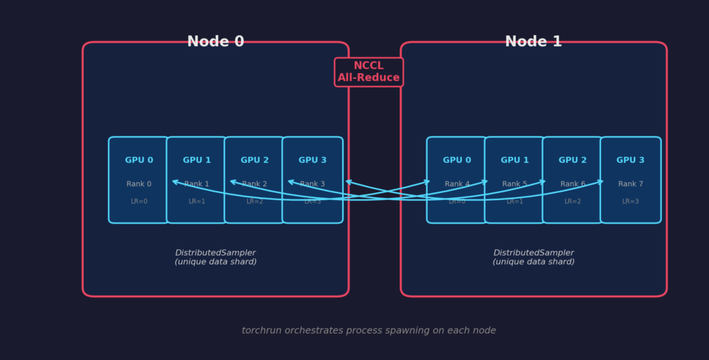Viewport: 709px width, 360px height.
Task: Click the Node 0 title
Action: tap(215, 42)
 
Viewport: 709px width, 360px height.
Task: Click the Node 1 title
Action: tap(533, 42)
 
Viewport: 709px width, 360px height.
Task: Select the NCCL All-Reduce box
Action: tap(368, 72)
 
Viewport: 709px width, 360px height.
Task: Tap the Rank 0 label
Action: tap(139, 184)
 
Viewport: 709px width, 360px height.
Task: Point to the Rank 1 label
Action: tap(197, 184)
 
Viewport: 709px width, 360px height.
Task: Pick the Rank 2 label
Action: tap(255, 184)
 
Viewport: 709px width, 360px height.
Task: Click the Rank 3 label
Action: tap(312, 184)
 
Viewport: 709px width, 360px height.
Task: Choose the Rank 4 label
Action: tap(457, 184)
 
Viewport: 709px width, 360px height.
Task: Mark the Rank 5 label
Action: tap(514, 184)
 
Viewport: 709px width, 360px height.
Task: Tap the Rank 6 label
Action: tap(573, 184)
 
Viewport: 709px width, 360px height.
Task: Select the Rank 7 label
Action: tap(630, 184)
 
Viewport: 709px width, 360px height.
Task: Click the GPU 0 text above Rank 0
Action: tap(139, 161)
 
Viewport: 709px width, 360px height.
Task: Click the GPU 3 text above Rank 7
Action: tap(630, 161)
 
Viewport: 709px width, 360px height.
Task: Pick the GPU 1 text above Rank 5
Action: tap(514, 161)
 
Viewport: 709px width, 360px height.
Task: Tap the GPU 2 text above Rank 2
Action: tap(255, 161)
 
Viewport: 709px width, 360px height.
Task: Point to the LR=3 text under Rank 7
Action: tap(630, 201)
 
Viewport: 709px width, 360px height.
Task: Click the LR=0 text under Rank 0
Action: tap(139, 201)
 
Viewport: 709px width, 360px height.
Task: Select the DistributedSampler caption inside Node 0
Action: tap(215, 258)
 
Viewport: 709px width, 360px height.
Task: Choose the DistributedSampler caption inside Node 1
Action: tap(533, 258)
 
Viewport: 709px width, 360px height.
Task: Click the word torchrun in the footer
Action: tap(260, 331)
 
